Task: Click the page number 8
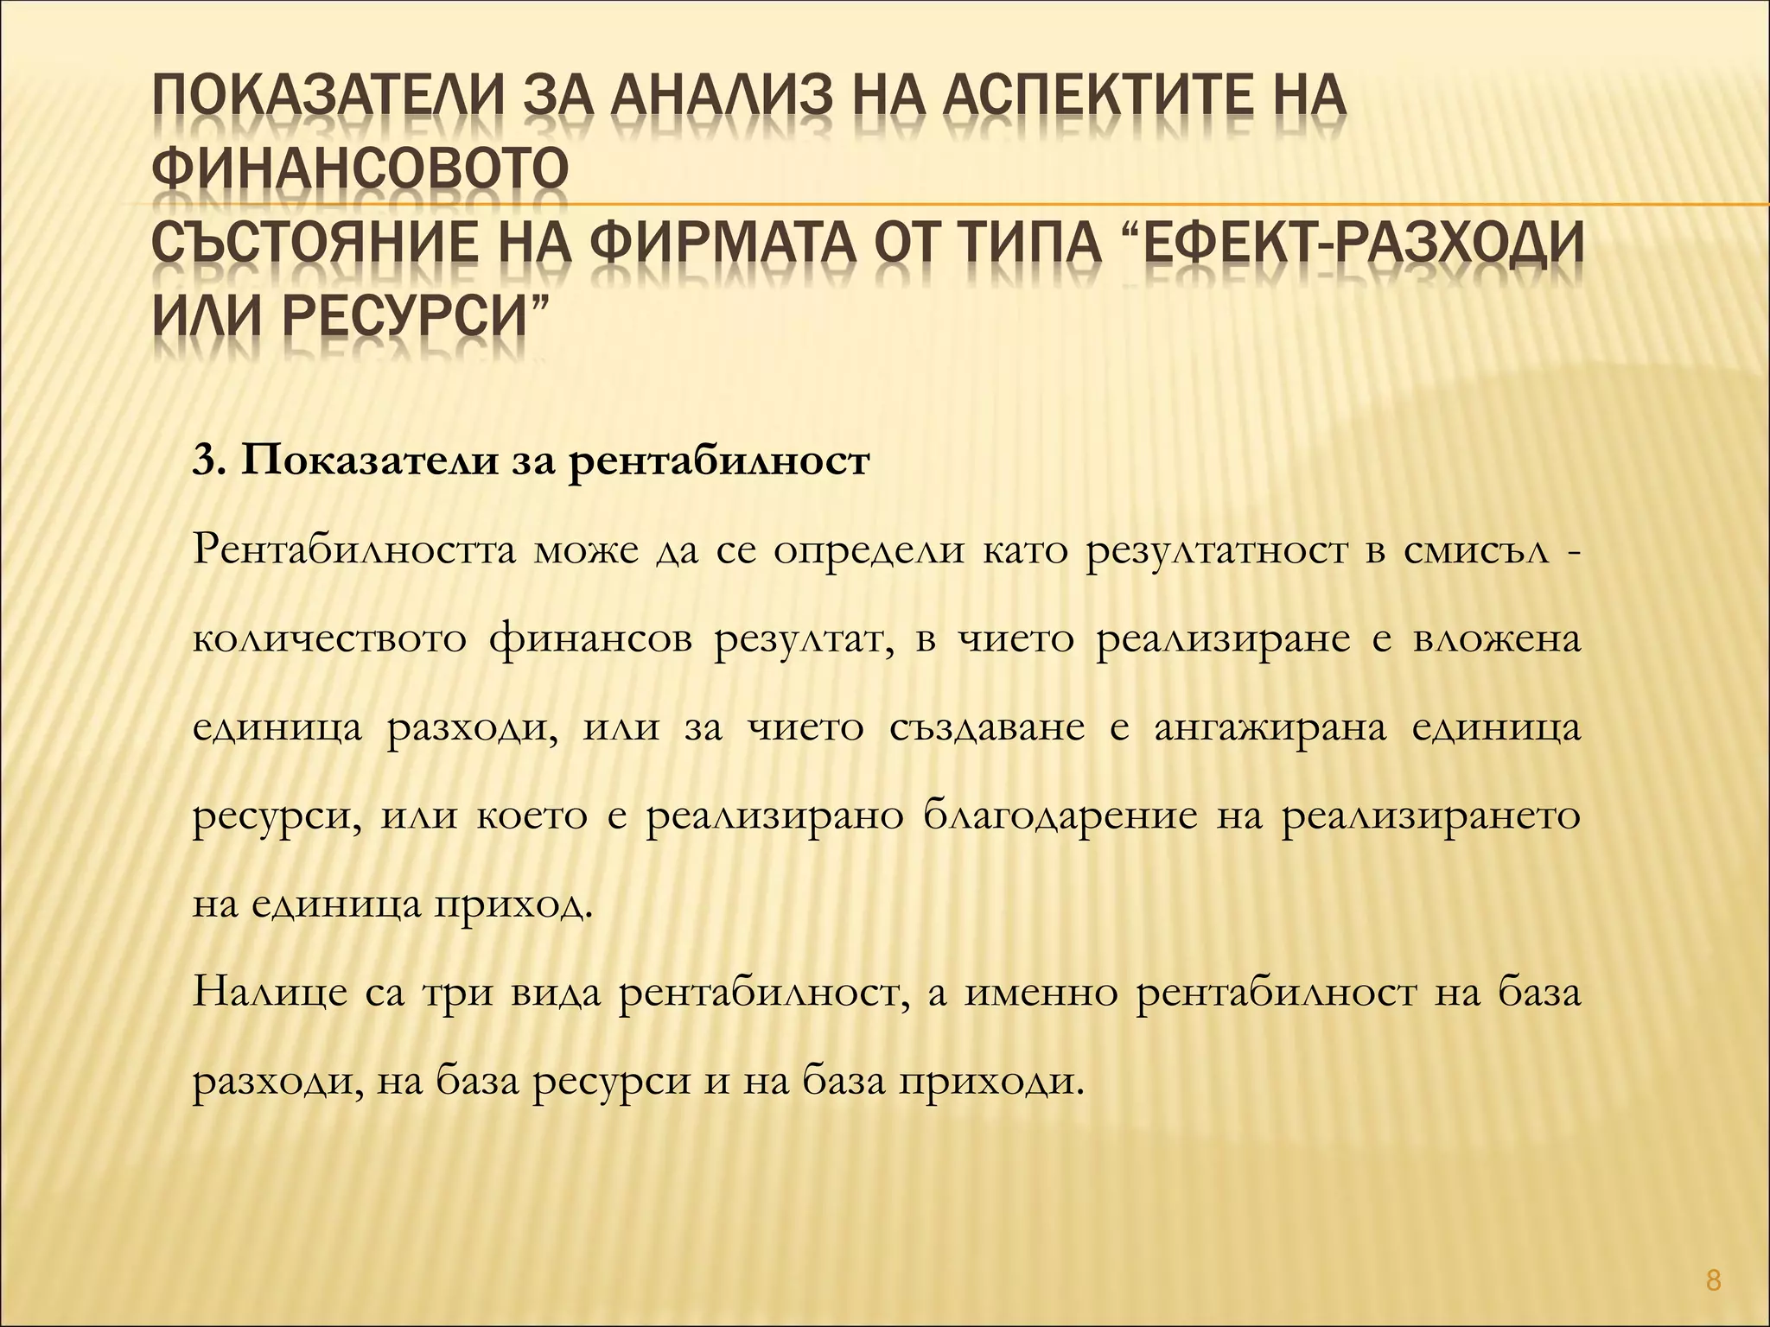click(1714, 1280)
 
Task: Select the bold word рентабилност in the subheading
click(718, 461)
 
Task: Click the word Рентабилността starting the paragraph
click(353, 550)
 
